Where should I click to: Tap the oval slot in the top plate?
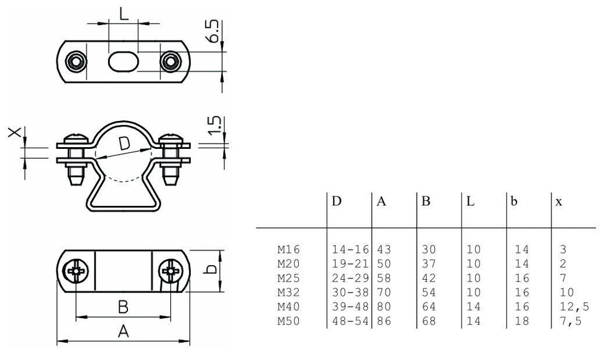click(x=123, y=61)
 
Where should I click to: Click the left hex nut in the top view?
click(x=76, y=61)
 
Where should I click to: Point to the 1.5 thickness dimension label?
click(x=214, y=124)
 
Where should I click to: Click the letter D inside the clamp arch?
click(x=124, y=143)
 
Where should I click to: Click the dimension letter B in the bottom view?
click(x=123, y=306)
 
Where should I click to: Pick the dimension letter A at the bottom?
click(x=123, y=332)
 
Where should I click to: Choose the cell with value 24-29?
click(x=350, y=278)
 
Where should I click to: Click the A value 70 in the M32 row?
click(x=384, y=293)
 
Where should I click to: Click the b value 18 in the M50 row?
click(x=523, y=321)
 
